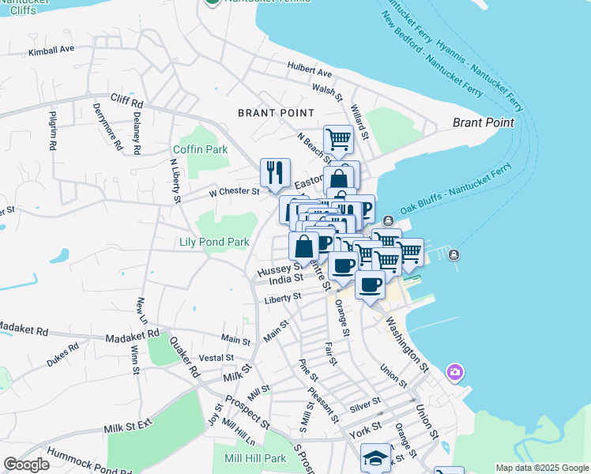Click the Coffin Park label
tap(201, 149)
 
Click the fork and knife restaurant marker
tap(275, 173)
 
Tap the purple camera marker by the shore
tap(454, 371)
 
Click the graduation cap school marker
tap(375, 458)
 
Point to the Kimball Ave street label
tap(51, 50)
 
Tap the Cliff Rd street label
tap(126, 102)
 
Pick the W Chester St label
tap(234, 191)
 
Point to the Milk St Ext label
tap(128, 428)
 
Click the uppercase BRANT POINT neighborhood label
tap(277, 113)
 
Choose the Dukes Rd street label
tap(62, 352)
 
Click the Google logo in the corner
tap(26, 464)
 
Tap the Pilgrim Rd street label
tap(53, 131)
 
